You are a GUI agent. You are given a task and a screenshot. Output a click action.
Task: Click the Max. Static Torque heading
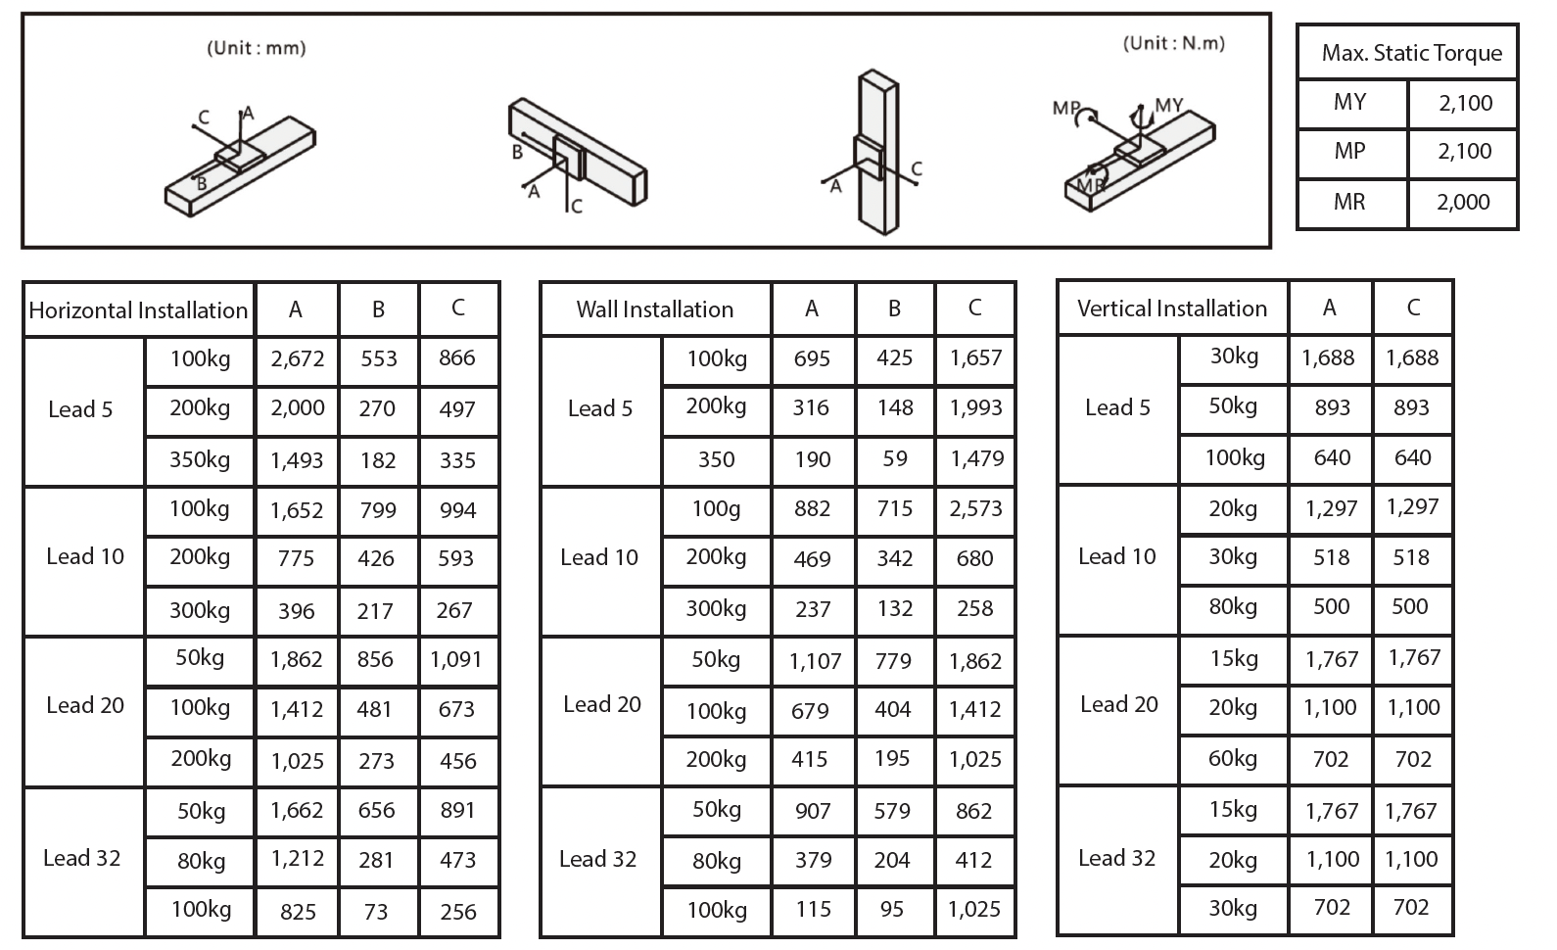coord(1411,53)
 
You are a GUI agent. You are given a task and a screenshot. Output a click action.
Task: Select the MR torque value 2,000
coord(1463,203)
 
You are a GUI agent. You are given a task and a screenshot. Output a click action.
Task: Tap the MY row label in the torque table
coord(1349,102)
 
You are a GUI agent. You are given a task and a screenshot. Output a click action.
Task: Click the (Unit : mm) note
coord(257,48)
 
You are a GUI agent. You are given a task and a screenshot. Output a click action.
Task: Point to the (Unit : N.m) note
coord(1173,43)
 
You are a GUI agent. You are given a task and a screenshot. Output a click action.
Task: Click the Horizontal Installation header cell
coord(138,310)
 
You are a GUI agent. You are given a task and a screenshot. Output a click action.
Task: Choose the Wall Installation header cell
coord(654,309)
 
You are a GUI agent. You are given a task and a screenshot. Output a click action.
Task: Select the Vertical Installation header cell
coord(1172,309)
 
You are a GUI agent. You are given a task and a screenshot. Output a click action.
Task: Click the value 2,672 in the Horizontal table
coord(298,358)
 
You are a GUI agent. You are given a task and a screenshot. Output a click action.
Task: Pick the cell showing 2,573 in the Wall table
coord(975,508)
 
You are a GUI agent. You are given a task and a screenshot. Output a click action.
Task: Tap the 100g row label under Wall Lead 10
coord(716,508)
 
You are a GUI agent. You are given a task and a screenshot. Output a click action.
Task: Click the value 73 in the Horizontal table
coord(376,912)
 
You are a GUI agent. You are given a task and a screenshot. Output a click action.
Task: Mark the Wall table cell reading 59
coord(894,458)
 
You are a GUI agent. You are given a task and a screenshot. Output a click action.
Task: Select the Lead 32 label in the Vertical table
coord(1116,858)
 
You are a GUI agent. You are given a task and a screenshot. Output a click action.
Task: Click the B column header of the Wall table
coord(894,309)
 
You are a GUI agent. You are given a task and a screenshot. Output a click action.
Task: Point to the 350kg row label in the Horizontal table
coord(200,459)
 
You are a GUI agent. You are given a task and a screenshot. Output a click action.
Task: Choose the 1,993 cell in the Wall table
coord(975,407)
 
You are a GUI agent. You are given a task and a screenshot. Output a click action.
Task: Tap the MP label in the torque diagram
coord(1065,108)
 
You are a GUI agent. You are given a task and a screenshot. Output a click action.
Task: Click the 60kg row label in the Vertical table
coord(1233,758)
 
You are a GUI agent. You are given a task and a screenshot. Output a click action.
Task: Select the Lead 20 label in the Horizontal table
coord(85,705)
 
